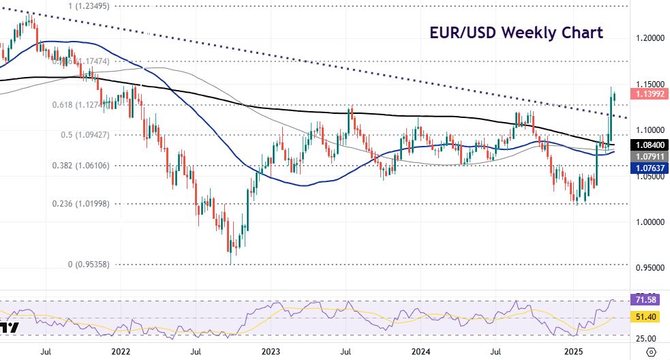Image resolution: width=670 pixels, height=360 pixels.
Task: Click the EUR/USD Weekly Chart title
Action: [515, 33]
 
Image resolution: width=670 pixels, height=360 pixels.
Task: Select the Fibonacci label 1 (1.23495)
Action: [99, 5]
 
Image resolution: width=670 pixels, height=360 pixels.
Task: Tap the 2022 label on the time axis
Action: [120, 352]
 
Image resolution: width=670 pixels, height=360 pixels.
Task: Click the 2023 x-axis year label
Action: [271, 352]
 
